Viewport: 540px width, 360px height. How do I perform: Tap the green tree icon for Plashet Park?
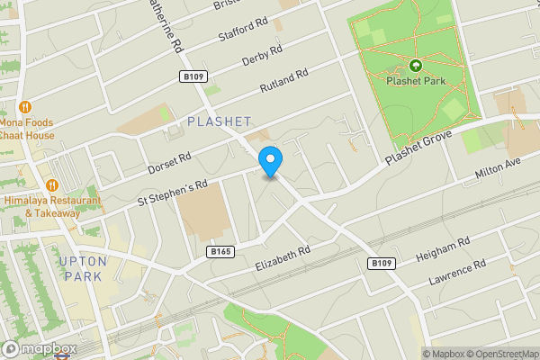(415, 66)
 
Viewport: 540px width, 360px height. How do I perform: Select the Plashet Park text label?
(415, 81)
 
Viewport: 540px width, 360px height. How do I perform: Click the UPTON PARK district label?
(82, 268)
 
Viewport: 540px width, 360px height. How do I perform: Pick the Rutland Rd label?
(283, 84)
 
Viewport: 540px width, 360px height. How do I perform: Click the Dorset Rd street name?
(170, 162)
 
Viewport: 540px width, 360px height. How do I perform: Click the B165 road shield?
(220, 251)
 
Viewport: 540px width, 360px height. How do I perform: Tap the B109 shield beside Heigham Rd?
(382, 263)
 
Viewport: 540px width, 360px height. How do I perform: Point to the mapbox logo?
(39, 349)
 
